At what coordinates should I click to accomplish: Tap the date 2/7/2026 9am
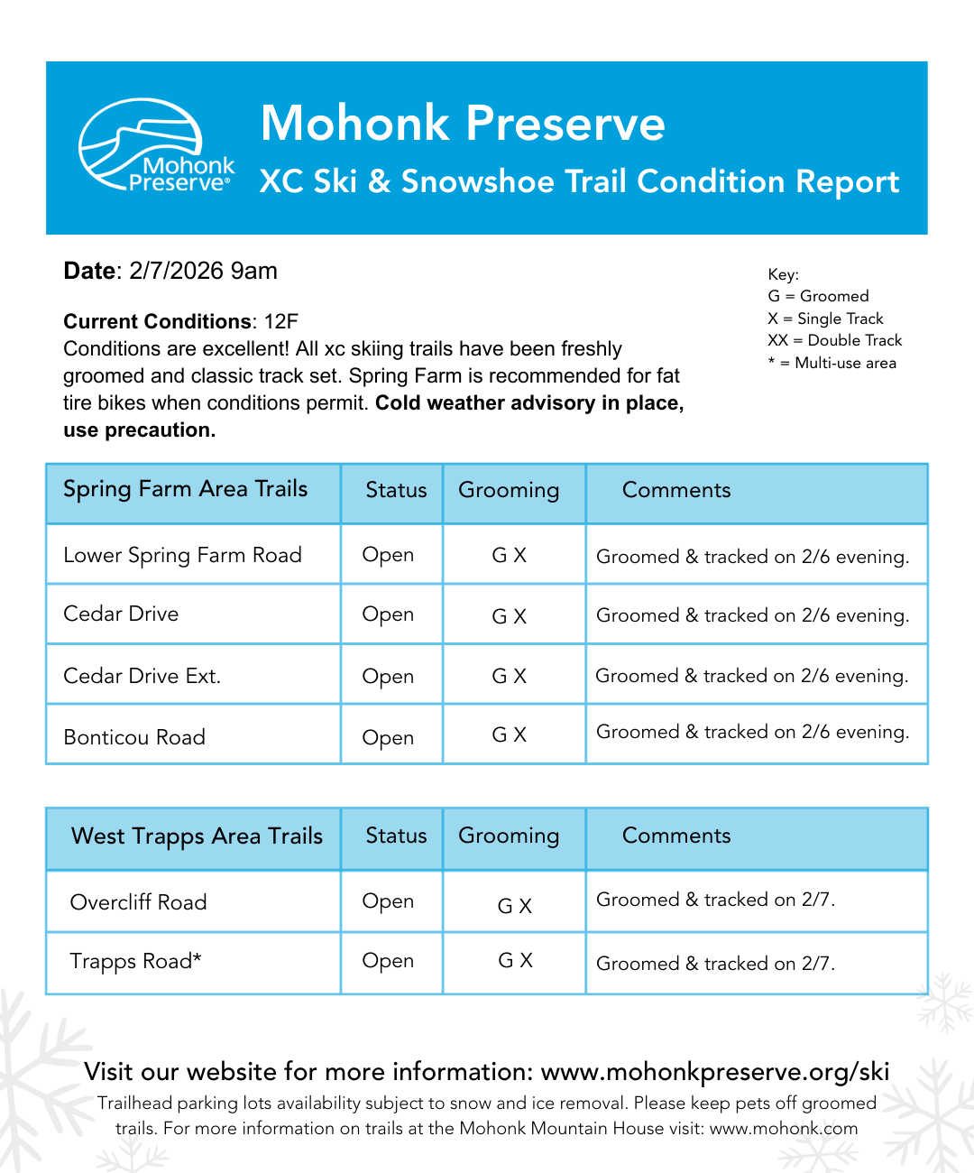[x=203, y=271]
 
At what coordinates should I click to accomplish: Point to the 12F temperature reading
[x=280, y=322]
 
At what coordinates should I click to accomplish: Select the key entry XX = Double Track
[x=834, y=340]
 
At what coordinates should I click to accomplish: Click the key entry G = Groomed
[x=818, y=296]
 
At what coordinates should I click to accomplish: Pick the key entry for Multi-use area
[x=832, y=363]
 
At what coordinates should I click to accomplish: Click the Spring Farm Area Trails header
[x=186, y=489]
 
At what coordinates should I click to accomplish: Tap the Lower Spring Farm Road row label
[x=182, y=555]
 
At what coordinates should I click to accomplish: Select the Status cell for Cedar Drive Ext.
[x=388, y=676]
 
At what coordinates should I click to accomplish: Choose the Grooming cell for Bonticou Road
[x=510, y=735]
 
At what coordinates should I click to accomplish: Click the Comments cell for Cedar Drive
[x=752, y=615]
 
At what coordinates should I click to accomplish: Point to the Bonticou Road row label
[x=134, y=737]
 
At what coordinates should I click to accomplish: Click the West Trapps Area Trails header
[x=197, y=836]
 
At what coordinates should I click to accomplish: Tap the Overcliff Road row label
[x=138, y=902]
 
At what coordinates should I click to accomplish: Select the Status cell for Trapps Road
[x=388, y=961]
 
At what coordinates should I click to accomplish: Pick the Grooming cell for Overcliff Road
[x=515, y=906]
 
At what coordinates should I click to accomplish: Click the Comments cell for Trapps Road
[x=715, y=964]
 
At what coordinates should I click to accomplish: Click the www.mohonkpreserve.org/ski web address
[x=715, y=1072]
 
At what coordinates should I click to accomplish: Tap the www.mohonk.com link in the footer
[x=784, y=1128]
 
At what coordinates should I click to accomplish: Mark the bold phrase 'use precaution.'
[x=140, y=430]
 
